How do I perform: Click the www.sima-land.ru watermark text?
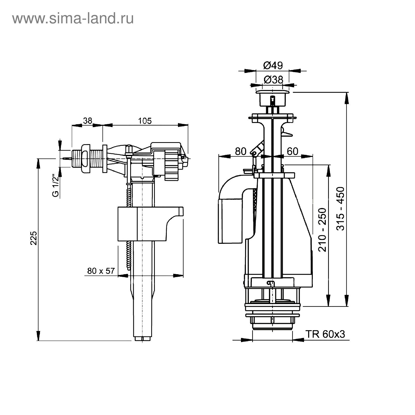tap(73, 18)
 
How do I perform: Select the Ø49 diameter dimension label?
tap(273, 65)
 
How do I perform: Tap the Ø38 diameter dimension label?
tap(273, 80)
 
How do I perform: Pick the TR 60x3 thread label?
tap(325, 334)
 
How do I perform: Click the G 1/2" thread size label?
tap(55, 185)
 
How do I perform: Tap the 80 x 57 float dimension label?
tap(101, 271)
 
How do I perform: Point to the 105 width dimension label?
tap(145, 121)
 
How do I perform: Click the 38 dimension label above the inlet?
tap(88, 121)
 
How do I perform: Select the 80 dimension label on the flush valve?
tap(240, 151)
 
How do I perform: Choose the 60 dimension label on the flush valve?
tap(293, 151)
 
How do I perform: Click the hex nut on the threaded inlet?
tap(85, 158)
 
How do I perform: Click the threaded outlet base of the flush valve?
tap(272, 323)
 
